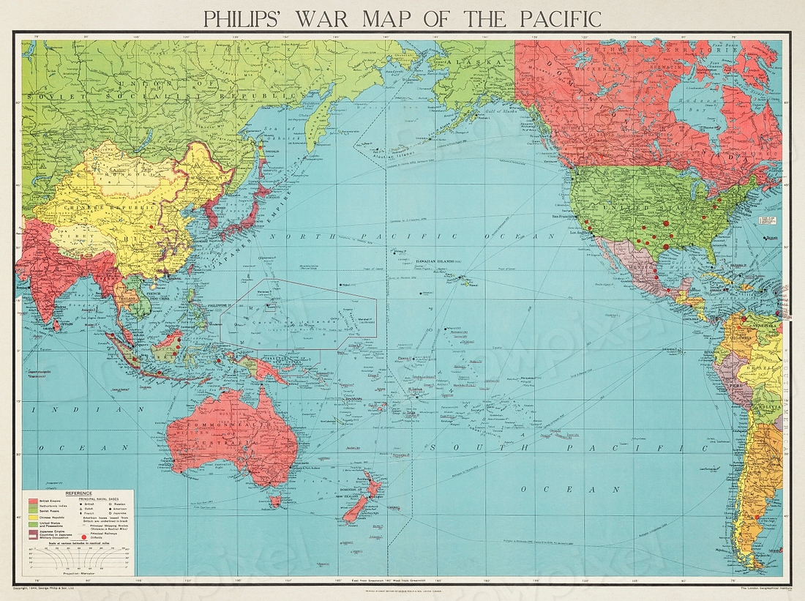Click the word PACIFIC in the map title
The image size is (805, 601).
[550, 18]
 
